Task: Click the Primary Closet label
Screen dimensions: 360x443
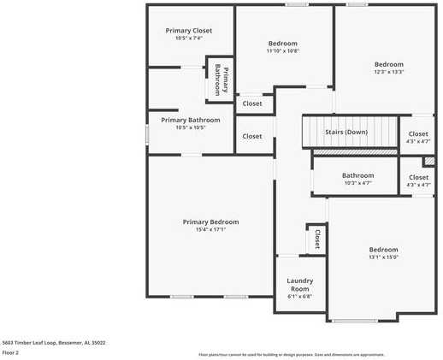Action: coord(188,31)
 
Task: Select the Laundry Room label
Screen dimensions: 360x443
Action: coord(299,285)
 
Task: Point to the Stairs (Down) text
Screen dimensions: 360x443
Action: coord(346,132)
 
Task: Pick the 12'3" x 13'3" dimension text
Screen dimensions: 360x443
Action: coord(388,72)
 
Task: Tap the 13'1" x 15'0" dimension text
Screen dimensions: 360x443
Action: coord(384,257)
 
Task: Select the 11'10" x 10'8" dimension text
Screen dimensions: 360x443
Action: coord(282,50)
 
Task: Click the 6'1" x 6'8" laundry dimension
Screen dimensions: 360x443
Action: coord(299,297)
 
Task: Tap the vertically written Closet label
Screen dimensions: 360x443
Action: coord(317,238)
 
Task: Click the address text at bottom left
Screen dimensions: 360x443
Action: coord(54,342)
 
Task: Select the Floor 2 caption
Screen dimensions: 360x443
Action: coord(10,352)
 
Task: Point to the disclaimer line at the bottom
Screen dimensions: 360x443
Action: coord(291,354)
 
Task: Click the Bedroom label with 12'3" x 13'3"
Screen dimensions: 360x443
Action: coord(388,64)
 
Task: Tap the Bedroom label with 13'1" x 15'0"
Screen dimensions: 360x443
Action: coord(384,250)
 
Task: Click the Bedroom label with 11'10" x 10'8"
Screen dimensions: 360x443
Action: coord(282,43)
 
